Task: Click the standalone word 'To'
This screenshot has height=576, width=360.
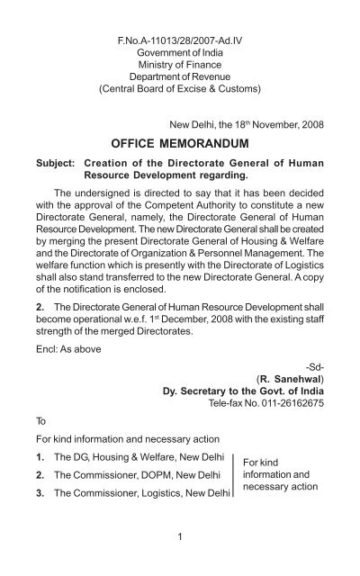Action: click(x=42, y=445)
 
